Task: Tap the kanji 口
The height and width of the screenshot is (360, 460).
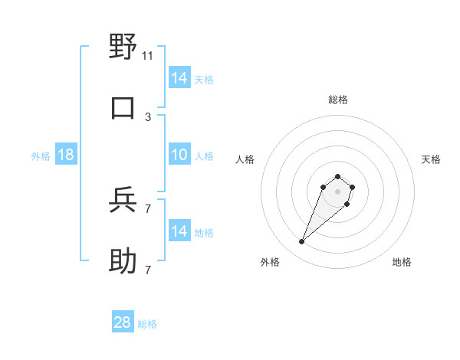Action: point(123,108)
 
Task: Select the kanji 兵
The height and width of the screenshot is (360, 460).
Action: point(123,201)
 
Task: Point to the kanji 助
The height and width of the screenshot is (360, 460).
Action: point(123,261)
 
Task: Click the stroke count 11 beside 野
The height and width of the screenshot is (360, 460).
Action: point(148,55)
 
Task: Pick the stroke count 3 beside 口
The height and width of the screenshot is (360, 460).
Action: point(148,116)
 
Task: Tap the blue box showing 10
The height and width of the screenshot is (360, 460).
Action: point(179,155)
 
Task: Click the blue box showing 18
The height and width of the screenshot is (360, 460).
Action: point(66,155)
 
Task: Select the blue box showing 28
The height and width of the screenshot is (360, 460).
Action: point(123,322)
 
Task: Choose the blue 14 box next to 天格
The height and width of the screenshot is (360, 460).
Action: point(179,77)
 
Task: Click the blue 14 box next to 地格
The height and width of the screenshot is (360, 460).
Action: point(179,231)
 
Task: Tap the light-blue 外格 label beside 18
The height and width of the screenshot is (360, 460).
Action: point(41,156)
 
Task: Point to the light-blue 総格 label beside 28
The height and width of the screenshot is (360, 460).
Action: point(148,324)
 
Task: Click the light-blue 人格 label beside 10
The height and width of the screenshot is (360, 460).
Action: point(204,156)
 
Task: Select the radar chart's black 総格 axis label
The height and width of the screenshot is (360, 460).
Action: point(338,100)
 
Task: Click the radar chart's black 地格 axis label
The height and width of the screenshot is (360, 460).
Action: point(402,262)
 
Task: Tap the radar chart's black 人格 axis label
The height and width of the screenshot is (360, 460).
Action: point(245,159)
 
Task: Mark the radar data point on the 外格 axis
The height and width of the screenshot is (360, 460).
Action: point(302,242)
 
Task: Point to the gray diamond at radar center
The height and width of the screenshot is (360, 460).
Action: point(338,191)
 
